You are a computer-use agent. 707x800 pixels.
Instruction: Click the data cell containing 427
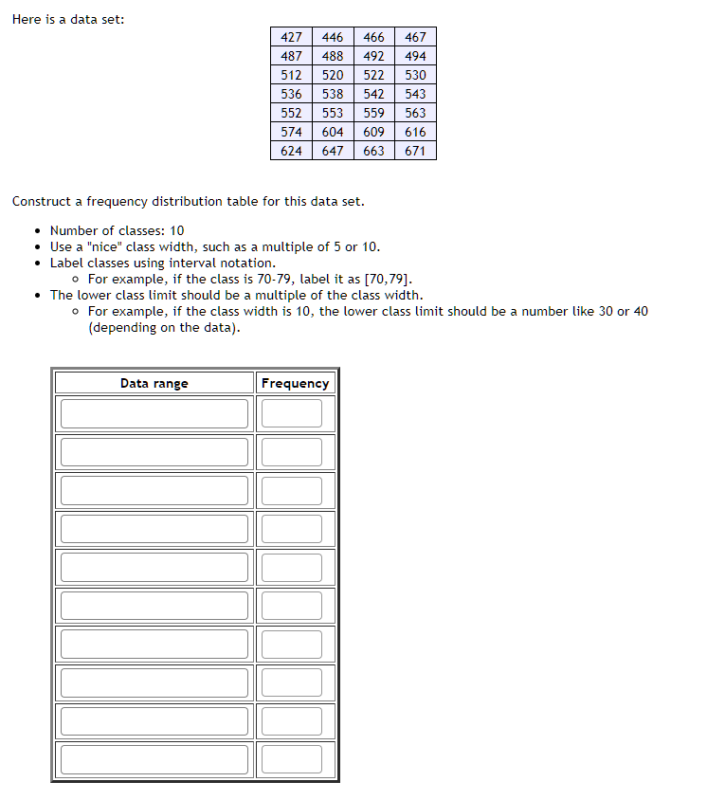(x=291, y=37)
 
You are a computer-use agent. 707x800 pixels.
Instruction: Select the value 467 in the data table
(x=415, y=37)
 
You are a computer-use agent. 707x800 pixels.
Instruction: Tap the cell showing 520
(x=333, y=75)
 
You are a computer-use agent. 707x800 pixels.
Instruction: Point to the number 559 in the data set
(x=373, y=113)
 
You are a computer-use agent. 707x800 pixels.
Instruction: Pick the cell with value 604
(x=333, y=132)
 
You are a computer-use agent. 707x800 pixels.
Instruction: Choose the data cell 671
(x=415, y=151)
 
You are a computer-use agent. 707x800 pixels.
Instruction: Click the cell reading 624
(x=291, y=151)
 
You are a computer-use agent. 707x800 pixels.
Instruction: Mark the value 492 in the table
(x=373, y=56)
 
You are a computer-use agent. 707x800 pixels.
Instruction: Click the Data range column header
(x=154, y=383)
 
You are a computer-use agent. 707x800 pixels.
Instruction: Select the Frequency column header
(x=295, y=383)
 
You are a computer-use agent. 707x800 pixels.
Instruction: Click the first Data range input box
(x=154, y=413)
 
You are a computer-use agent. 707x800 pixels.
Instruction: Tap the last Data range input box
(x=154, y=759)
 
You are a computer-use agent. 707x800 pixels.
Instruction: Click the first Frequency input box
(x=292, y=413)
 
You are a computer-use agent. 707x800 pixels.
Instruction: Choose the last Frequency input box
(x=292, y=759)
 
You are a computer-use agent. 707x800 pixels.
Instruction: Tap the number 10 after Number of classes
(x=176, y=230)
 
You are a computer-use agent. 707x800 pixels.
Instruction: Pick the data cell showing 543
(x=415, y=94)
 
